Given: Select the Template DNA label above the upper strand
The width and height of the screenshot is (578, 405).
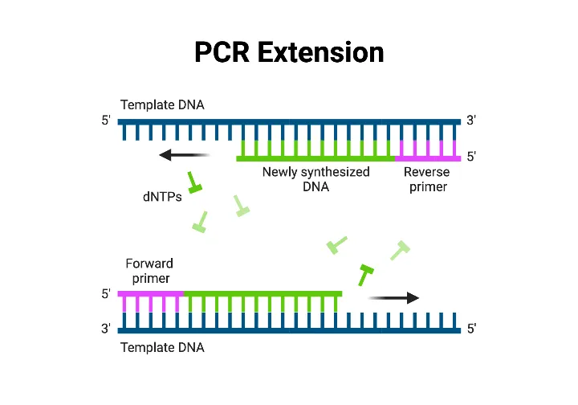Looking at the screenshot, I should (162, 104).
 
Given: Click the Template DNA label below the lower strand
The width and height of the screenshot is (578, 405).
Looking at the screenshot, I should (162, 348).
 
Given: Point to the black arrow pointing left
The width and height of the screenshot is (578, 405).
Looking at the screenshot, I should (184, 155).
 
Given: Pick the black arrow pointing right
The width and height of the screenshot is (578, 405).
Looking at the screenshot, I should (393, 298).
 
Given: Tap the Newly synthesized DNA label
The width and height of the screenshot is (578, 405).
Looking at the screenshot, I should (316, 179).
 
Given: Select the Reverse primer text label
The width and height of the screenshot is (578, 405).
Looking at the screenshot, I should (426, 179).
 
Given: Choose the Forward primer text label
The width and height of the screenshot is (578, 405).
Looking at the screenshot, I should (149, 271).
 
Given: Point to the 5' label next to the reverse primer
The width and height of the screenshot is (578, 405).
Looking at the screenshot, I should (472, 157).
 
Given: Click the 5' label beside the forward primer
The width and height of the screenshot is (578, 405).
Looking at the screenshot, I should (106, 295).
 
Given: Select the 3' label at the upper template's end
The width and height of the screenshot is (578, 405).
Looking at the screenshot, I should (472, 121).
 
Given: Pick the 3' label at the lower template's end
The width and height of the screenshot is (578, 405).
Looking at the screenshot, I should (106, 329).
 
